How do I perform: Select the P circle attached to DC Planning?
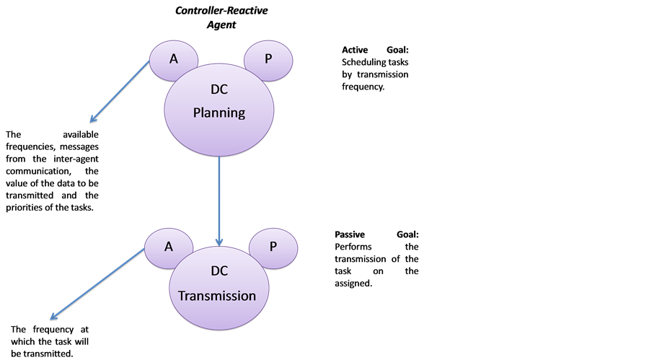pyautogui.click(x=269, y=59)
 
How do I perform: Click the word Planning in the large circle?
pyautogui.click(x=220, y=113)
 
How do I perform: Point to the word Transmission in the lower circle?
pyautogui.click(x=217, y=296)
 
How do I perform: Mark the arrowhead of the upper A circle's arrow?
pyautogui.click(x=92, y=122)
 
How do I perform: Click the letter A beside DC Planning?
pyautogui.click(x=174, y=59)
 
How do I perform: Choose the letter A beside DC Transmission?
pyautogui.click(x=169, y=247)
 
